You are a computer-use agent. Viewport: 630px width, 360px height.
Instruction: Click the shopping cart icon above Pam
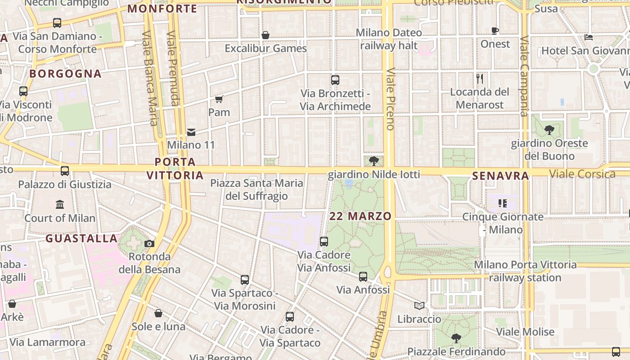pyautogui.click(x=219, y=99)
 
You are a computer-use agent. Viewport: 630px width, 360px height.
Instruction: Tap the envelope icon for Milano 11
pyautogui.click(x=191, y=132)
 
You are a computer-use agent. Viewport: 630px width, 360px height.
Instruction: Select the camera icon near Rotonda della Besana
pyautogui.click(x=149, y=244)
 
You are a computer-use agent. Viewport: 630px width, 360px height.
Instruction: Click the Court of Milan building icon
pyautogui.click(x=60, y=205)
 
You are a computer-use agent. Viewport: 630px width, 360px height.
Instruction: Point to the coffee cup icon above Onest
pyautogui.click(x=495, y=31)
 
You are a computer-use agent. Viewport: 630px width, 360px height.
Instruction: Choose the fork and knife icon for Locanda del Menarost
pyautogui.click(x=480, y=79)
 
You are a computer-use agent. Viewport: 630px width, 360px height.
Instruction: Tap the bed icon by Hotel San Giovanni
pyautogui.click(x=589, y=37)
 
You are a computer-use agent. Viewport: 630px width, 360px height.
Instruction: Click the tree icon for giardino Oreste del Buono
pyautogui.click(x=549, y=130)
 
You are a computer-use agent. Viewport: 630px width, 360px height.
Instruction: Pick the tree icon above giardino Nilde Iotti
pyautogui.click(x=373, y=161)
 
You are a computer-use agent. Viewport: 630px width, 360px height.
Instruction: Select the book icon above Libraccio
pyautogui.click(x=419, y=306)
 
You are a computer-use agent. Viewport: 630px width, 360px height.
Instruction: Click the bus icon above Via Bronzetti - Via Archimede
pyautogui.click(x=335, y=80)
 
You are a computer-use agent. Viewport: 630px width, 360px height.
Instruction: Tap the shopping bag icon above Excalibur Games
pyautogui.click(x=265, y=35)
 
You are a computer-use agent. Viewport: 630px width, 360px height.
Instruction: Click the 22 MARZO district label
pyautogui.click(x=360, y=216)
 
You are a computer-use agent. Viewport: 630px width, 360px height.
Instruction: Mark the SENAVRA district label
pyautogui.click(x=500, y=176)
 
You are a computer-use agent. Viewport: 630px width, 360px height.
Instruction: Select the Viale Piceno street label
pyautogui.click(x=390, y=99)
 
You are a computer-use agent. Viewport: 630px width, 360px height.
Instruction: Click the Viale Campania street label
pyautogui.click(x=524, y=76)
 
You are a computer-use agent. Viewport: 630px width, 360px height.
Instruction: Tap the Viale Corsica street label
pyautogui.click(x=582, y=174)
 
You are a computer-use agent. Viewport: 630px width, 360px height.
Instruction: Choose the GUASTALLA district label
pyautogui.click(x=81, y=238)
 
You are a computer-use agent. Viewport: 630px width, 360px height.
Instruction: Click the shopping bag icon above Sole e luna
pyautogui.click(x=158, y=313)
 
